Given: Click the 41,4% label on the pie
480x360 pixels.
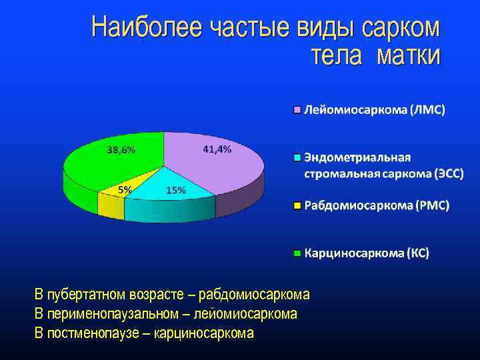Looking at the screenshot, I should pyautogui.click(x=217, y=150).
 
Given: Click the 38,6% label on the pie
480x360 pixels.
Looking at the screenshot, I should pyautogui.click(x=121, y=150).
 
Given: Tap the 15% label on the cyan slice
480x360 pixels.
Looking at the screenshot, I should pyautogui.click(x=176, y=190).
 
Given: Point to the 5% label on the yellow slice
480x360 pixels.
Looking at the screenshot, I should pyautogui.click(x=125, y=190).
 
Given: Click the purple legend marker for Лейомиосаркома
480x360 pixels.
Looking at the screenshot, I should pyautogui.click(x=298, y=109).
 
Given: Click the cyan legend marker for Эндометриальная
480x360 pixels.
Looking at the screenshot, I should pyautogui.click(x=298, y=158).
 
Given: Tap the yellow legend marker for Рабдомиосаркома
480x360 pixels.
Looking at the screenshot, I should pyautogui.click(x=298, y=205).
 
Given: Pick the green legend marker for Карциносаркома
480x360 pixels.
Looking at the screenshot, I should pyautogui.click(x=298, y=253).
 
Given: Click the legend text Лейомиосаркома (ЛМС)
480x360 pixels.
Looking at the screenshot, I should pyautogui.click(x=375, y=109).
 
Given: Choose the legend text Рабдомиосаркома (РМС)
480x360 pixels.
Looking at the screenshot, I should pyautogui.click(x=377, y=205).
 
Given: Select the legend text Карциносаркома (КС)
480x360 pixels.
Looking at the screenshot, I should pyautogui.click(x=367, y=253).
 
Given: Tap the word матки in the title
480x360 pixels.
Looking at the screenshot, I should pyautogui.click(x=408, y=56).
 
